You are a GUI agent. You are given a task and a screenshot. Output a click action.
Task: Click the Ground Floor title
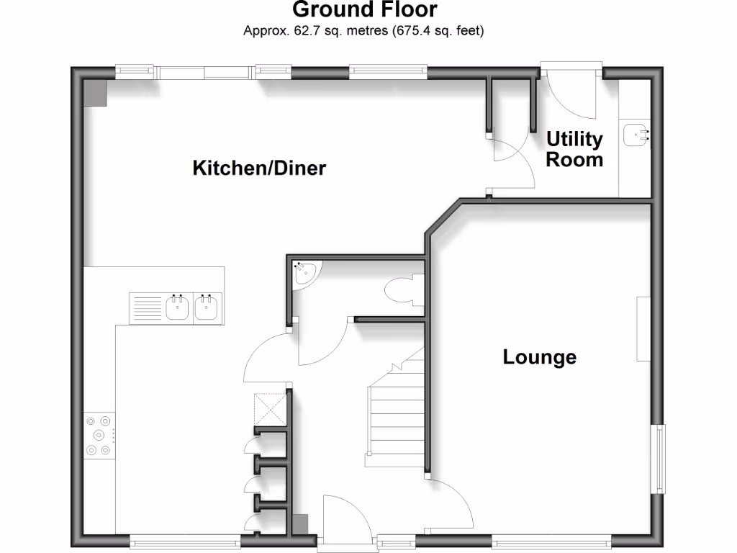[x=365, y=10]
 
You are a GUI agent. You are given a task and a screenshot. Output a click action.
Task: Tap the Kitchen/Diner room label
[x=259, y=168]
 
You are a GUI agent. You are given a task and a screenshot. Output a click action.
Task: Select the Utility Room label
[x=574, y=149]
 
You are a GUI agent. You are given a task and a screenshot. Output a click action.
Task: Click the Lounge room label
[x=539, y=357]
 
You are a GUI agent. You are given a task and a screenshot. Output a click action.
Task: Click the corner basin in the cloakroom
[x=304, y=272]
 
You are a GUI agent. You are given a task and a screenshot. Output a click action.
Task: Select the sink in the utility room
[x=636, y=134]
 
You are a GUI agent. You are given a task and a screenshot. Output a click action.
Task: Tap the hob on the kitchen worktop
[x=99, y=434]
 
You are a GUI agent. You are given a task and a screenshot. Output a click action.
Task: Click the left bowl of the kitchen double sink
[x=177, y=307]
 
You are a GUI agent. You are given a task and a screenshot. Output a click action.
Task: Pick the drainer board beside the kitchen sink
[x=146, y=307]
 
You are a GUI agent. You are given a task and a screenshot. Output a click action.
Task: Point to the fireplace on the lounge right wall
[x=643, y=328]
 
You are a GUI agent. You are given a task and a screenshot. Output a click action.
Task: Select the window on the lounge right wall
[x=659, y=459]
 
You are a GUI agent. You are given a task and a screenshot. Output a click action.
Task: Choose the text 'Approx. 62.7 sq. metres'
[x=307, y=31]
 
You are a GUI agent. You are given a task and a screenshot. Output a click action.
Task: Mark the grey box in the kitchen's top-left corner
[x=94, y=93]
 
